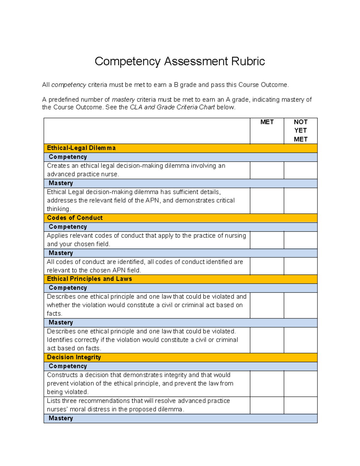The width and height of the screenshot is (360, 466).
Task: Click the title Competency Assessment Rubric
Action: (x=180, y=61)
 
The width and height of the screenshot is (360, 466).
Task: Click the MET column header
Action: (x=267, y=122)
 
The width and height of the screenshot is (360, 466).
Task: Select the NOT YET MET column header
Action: (x=300, y=131)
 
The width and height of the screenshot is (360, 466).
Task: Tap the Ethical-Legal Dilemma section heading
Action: (x=81, y=148)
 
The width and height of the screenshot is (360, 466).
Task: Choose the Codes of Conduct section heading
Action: (x=75, y=218)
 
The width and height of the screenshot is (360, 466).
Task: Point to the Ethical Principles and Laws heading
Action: (x=89, y=279)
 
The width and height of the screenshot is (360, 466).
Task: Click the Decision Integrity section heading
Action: (x=74, y=357)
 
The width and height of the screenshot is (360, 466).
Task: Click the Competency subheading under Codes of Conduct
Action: (x=68, y=227)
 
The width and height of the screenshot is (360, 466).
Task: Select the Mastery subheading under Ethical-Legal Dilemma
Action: (x=61, y=183)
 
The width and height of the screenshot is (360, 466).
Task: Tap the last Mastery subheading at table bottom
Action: (x=61, y=418)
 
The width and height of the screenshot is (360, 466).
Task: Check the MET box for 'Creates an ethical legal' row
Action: (x=267, y=170)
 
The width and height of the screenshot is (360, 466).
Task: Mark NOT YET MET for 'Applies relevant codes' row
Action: (x=300, y=240)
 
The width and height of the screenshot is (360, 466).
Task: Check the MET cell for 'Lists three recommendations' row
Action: (x=267, y=405)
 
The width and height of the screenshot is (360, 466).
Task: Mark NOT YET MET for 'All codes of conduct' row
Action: (x=300, y=266)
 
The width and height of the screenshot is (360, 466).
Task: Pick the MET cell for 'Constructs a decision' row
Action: (x=267, y=383)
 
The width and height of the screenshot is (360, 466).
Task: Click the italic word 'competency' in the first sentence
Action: (x=69, y=85)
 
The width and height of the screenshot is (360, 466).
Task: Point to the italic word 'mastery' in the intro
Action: (x=123, y=100)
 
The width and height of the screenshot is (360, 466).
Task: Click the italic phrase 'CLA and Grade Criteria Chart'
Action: (x=172, y=107)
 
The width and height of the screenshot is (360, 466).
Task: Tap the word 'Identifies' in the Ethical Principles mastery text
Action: (x=60, y=340)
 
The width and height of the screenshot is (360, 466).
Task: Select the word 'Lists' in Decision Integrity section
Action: (x=54, y=401)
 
